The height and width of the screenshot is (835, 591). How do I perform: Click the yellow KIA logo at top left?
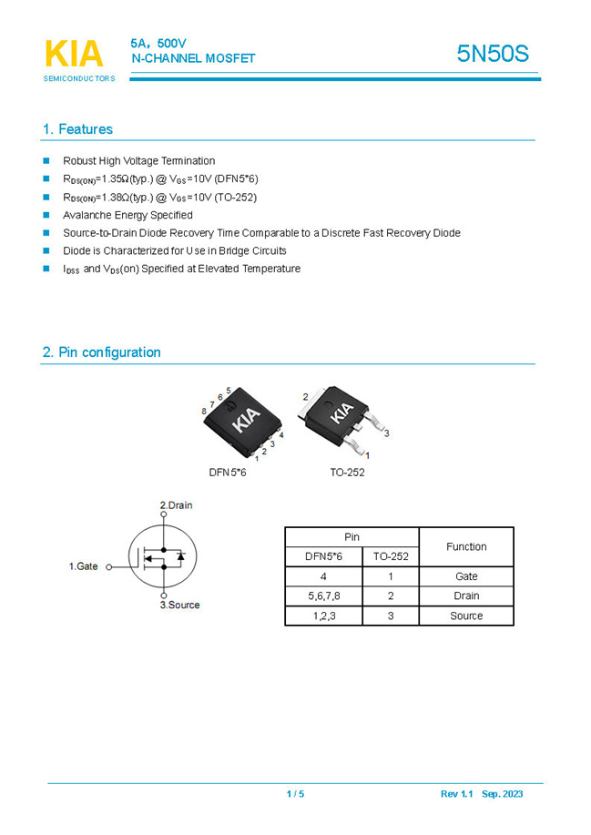click(x=74, y=55)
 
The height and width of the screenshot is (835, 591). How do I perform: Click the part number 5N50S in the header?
click(x=492, y=54)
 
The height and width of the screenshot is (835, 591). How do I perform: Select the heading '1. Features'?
click(x=77, y=129)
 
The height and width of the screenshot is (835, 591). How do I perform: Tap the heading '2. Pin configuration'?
click(x=101, y=352)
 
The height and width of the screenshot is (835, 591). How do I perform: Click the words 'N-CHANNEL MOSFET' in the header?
click(x=193, y=59)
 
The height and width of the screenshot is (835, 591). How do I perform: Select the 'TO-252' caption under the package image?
click(x=347, y=473)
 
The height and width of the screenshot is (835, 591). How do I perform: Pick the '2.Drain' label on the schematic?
click(x=176, y=505)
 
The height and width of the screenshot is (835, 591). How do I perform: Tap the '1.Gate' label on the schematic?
click(x=84, y=566)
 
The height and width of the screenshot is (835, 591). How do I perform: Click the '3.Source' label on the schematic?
click(x=179, y=606)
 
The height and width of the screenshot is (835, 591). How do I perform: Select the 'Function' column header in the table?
click(x=466, y=547)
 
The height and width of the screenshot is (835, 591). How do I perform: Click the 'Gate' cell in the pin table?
click(x=466, y=576)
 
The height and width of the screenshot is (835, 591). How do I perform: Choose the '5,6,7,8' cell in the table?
click(x=323, y=596)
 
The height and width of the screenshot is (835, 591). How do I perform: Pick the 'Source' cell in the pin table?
click(x=466, y=616)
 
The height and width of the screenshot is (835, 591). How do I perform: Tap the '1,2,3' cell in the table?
click(x=323, y=616)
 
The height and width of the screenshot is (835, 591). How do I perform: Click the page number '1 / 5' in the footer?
click(x=295, y=794)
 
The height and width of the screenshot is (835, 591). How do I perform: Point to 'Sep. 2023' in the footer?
click(x=503, y=794)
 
